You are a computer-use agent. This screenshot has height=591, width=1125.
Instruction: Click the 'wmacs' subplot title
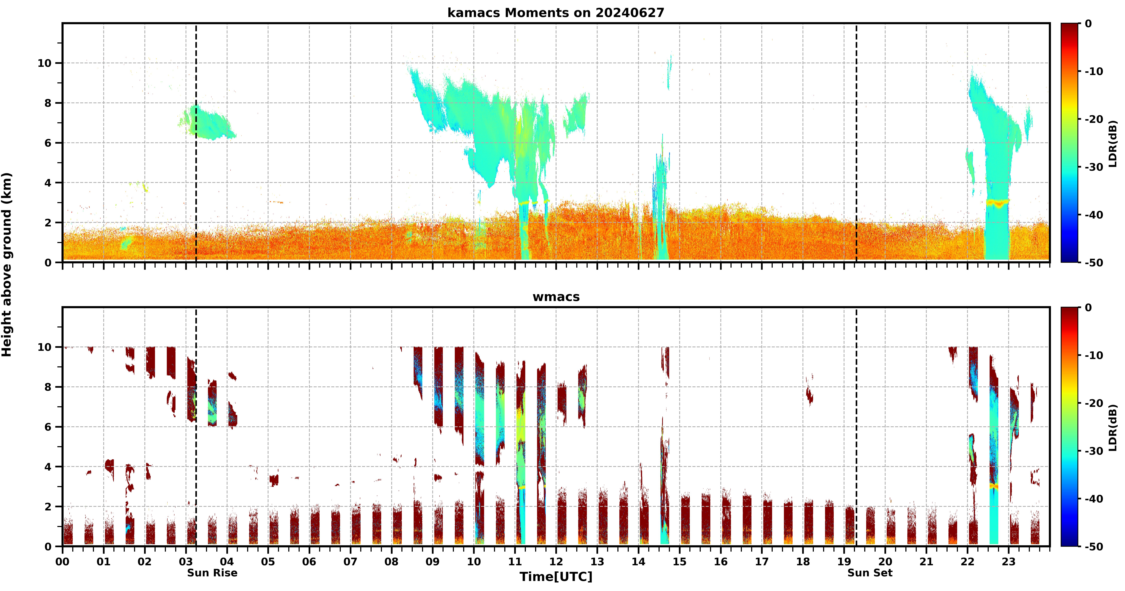pos(556,297)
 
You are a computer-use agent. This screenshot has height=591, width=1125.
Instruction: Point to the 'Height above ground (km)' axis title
pos(7,265)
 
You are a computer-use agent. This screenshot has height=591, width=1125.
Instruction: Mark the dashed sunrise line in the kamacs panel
pos(196,143)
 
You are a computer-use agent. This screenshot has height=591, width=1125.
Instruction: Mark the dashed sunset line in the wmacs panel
pos(856,427)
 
